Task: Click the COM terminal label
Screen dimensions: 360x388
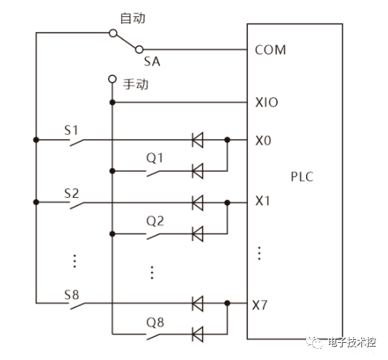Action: (270, 51)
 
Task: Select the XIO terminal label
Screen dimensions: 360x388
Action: (267, 102)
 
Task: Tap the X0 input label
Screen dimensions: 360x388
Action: (263, 139)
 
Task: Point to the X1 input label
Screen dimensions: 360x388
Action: (263, 201)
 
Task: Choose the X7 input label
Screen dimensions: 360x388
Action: (262, 304)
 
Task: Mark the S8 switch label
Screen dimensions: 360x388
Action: (71, 295)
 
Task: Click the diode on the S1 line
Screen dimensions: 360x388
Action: (198, 139)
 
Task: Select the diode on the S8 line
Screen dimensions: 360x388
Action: (198, 304)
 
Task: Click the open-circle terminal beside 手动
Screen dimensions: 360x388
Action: (112, 78)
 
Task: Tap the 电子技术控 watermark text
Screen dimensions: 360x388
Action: (352, 343)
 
